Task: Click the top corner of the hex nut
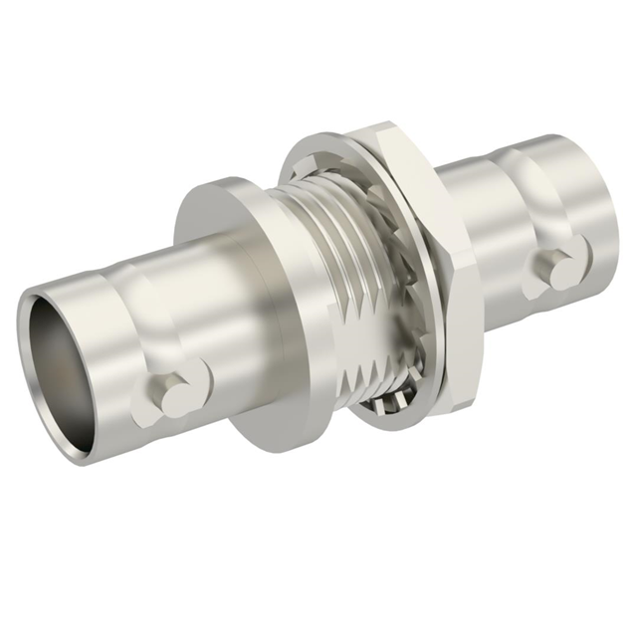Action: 383,127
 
